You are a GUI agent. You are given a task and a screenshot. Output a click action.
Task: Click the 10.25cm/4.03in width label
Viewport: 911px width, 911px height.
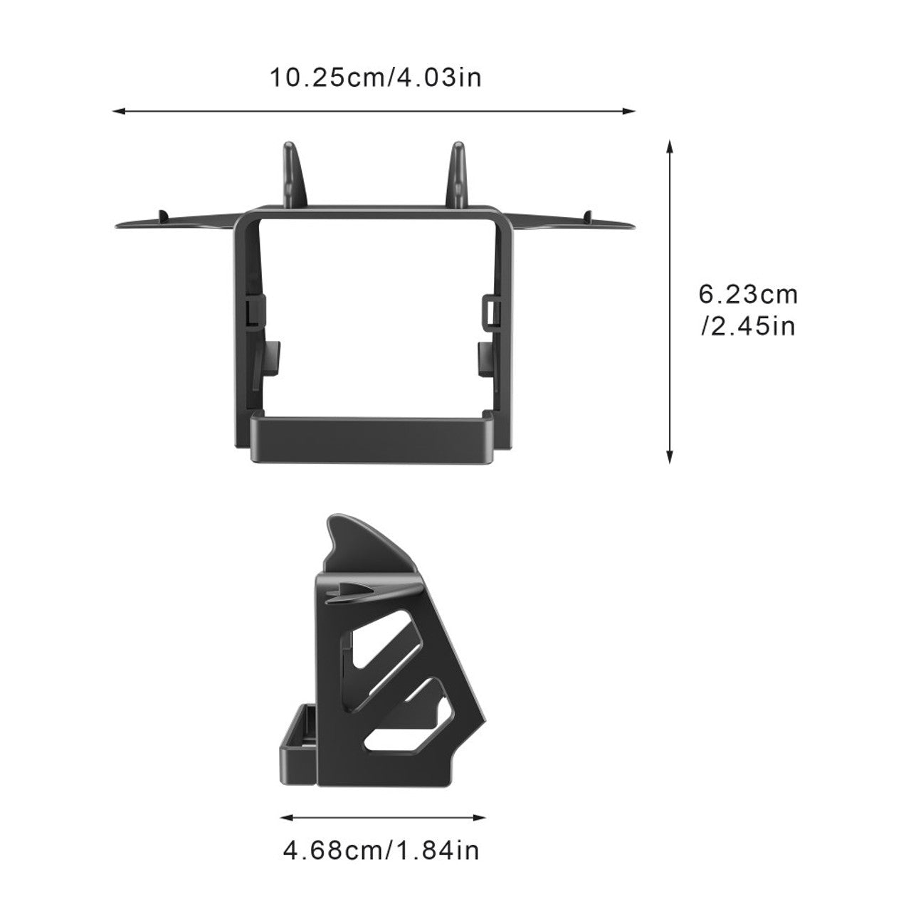pos(374,77)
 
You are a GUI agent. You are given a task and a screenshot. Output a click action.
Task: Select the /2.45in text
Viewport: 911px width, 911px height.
pos(747,327)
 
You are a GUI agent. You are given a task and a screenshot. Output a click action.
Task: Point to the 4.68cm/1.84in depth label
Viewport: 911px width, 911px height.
pos(381,851)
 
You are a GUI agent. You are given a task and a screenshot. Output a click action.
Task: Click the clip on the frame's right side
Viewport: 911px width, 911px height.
pos(490,310)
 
